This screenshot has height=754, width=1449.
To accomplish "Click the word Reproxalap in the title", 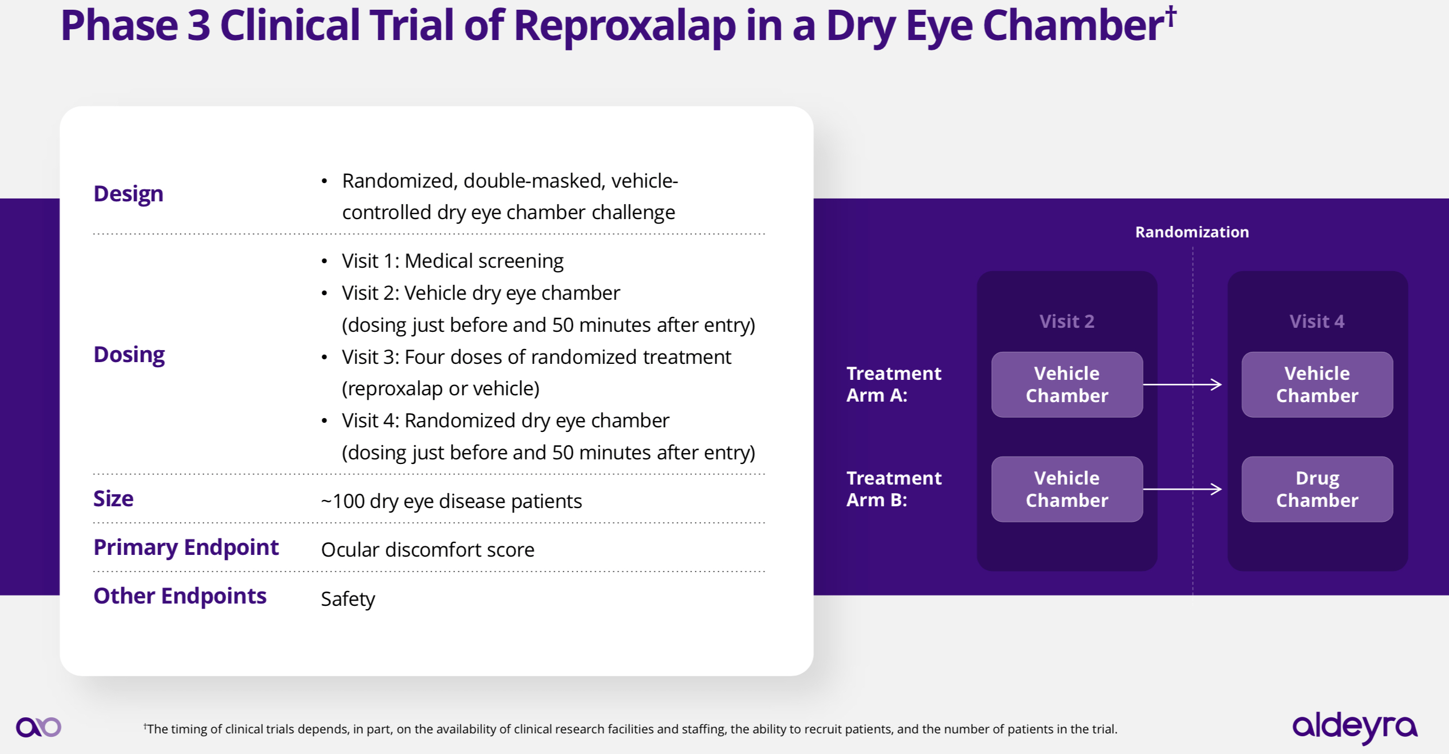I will coord(624,26).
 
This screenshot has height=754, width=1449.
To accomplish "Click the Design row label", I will coord(128,194).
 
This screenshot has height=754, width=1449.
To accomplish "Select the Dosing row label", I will coord(129,355).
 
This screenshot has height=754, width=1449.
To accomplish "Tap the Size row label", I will coord(113,499).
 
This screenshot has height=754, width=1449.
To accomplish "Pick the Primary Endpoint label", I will coord(186,547).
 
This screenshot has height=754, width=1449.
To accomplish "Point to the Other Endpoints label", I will coord(180,596).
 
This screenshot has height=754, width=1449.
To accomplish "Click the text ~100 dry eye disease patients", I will coord(451,501).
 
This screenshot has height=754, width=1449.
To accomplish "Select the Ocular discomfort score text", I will coord(427,550).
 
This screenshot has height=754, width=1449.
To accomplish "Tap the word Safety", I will coord(347,599).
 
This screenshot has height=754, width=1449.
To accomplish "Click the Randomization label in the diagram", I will coord(1192,232).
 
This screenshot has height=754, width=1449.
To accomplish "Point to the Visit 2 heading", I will coord(1067,322).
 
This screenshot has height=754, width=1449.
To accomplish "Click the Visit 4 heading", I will coord(1317,322).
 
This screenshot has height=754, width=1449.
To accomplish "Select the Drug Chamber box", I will coord(1317,489).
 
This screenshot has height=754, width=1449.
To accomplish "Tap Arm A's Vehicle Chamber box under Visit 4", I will coord(1317,384).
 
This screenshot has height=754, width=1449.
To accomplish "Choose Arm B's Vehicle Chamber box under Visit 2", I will coord(1067,489).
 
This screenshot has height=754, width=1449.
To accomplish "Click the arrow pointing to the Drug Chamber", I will coord(1182,489).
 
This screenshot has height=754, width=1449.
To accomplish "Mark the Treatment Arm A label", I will coord(893,384).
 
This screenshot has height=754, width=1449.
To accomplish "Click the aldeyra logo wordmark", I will coord(1355,727).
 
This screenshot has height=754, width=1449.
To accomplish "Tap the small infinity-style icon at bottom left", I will coord(38,727).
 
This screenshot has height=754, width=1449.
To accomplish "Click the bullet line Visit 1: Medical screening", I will coord(452,261).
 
